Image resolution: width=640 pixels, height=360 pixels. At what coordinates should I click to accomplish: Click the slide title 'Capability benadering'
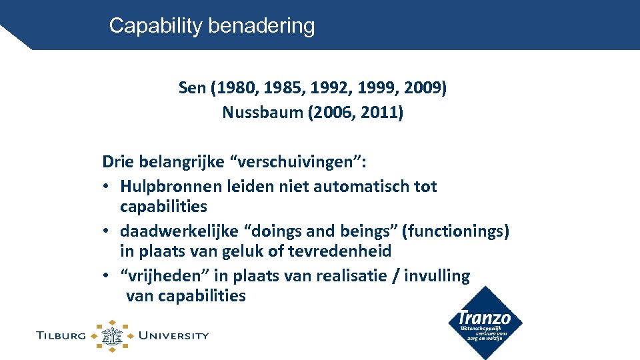pos(211,26)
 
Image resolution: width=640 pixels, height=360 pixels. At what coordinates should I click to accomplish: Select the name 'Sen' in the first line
pos(192,88)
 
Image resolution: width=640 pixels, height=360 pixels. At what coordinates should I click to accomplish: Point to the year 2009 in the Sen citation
pos(423,88)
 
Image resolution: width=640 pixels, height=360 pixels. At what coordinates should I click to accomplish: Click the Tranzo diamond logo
pos(485,323)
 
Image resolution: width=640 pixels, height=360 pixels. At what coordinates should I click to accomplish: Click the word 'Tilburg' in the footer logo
pos(61,335)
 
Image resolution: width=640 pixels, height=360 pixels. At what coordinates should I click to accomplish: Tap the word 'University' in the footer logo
pos(173,335)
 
